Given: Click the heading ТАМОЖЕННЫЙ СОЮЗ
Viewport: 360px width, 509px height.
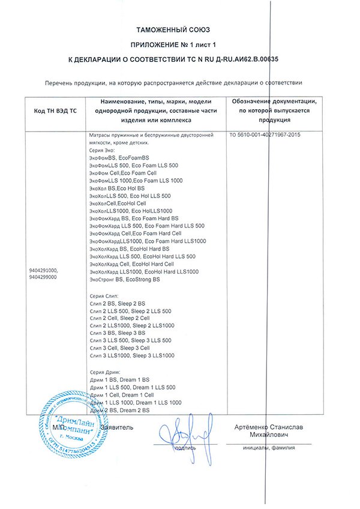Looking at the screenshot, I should coord(181,29).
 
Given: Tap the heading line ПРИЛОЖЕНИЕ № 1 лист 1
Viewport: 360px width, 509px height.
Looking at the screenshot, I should coord(181,44).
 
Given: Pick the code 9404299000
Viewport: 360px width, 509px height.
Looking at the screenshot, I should coord(43,277).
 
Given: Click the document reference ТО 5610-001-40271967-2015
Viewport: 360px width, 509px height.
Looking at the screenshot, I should coord(265,136).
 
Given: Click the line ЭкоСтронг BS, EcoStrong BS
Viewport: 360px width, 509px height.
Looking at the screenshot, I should coord(124,280).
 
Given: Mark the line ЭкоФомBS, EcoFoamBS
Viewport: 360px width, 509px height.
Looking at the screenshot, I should coord(118,157).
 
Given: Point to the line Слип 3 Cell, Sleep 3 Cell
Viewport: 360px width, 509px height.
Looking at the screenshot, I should coord(123,348).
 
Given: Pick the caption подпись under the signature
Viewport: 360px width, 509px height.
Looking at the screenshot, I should coord(184,447).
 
